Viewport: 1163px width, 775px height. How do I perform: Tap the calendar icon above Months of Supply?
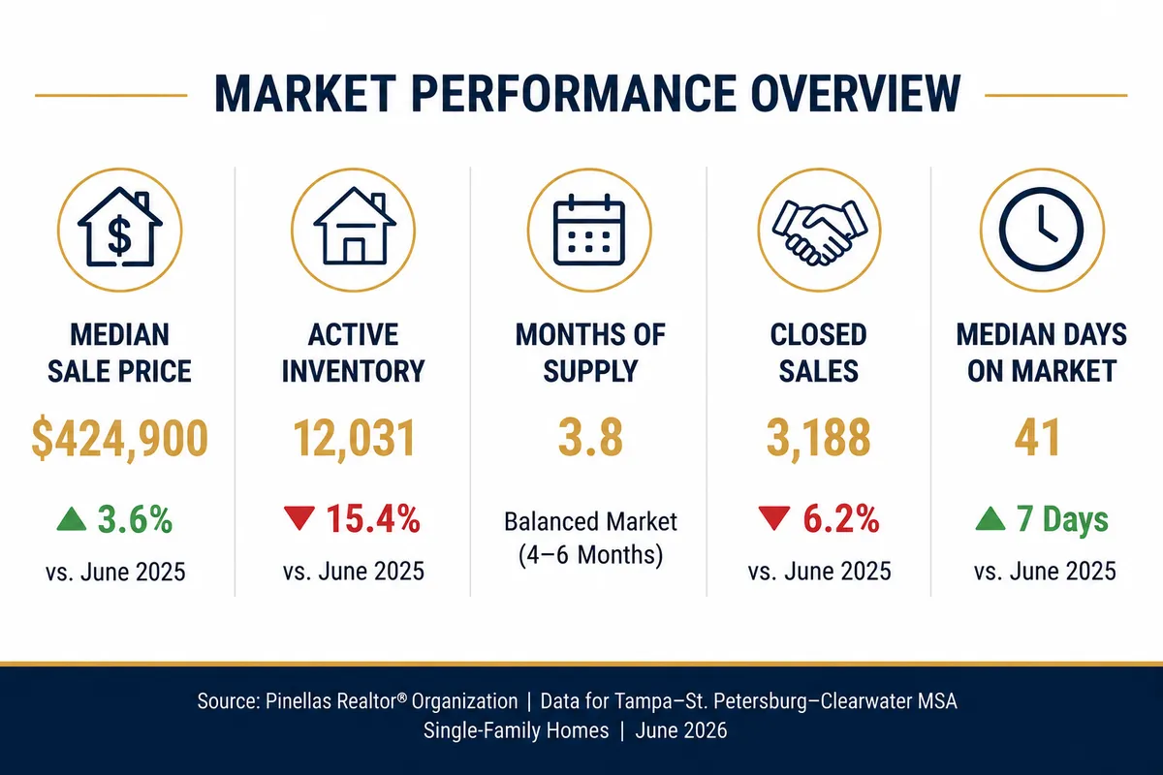coord(589,230)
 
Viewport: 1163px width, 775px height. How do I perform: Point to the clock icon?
coord(1042,229)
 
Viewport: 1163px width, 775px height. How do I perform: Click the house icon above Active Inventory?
coord(354,227)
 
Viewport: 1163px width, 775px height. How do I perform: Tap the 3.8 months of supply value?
coord(590,438)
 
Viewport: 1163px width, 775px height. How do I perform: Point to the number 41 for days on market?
coord(1037,438)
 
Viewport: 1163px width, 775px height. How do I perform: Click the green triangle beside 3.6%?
coord(72,519)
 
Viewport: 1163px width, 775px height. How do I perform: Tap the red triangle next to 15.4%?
coord(299,518)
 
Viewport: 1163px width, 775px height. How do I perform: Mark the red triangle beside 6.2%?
coord(774,518)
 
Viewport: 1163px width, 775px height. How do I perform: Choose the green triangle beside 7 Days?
coord(990,518)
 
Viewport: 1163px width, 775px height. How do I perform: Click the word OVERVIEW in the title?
coord(855,94)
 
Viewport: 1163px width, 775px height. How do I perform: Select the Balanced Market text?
coord(590,522)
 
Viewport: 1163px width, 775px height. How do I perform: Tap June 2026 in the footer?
coord(681,730)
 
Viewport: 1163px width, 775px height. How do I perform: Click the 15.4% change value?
coord(373,519)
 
